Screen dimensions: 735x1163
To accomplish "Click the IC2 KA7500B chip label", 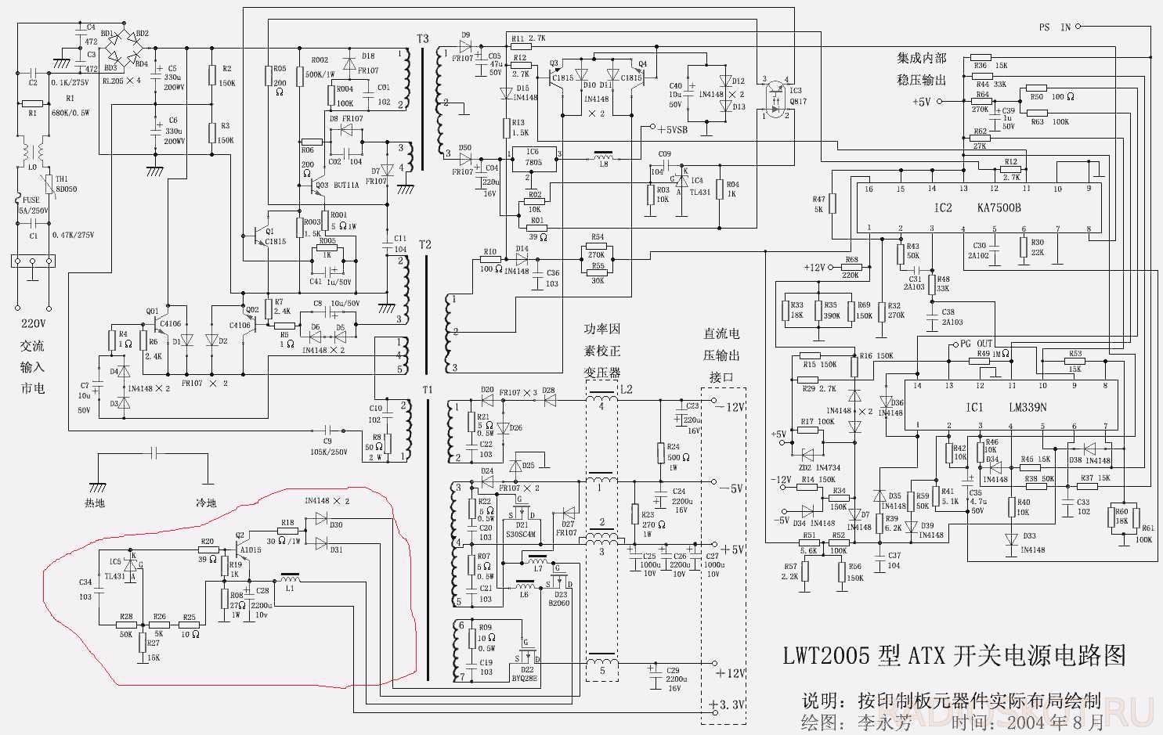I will coord(977,208).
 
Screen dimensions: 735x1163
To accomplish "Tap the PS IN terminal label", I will coord(1054,27).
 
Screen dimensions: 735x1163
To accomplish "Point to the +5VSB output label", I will coord(673,130).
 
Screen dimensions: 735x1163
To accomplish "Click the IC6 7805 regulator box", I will coord(533,158).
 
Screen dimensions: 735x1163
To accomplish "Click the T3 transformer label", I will coord(423,39).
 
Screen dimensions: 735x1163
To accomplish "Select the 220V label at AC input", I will coord(33,323).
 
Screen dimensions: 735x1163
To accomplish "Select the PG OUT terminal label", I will coord(976,344).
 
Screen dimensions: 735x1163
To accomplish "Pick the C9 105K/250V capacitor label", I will coord(328,447).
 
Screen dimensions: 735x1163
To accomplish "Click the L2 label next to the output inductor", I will coord(626,389).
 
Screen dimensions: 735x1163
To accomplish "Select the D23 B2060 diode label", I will coord(560,599).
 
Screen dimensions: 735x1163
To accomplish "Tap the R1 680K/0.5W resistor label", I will coord(70,106).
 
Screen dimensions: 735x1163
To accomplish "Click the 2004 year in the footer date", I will coord(1027,721).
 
